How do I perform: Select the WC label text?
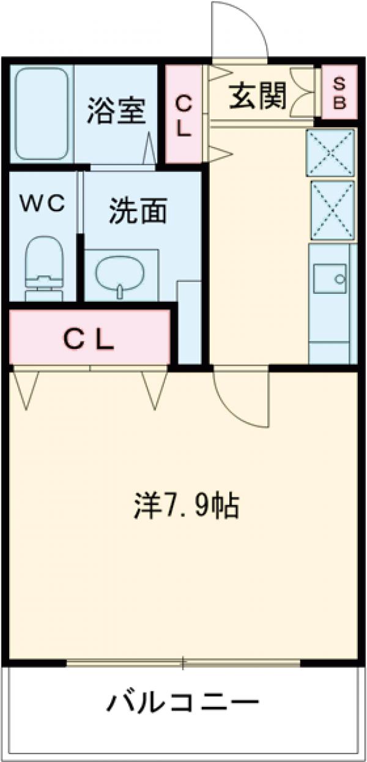tap(43, 204)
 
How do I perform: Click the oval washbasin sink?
tap(121, 273)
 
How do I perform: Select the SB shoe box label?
tap(339, 94)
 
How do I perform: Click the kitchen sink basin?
tap(331, 282)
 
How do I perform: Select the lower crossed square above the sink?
tap(331, 209)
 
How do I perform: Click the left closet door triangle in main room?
tap(26, 388)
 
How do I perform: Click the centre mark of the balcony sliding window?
tap(183, 662)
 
